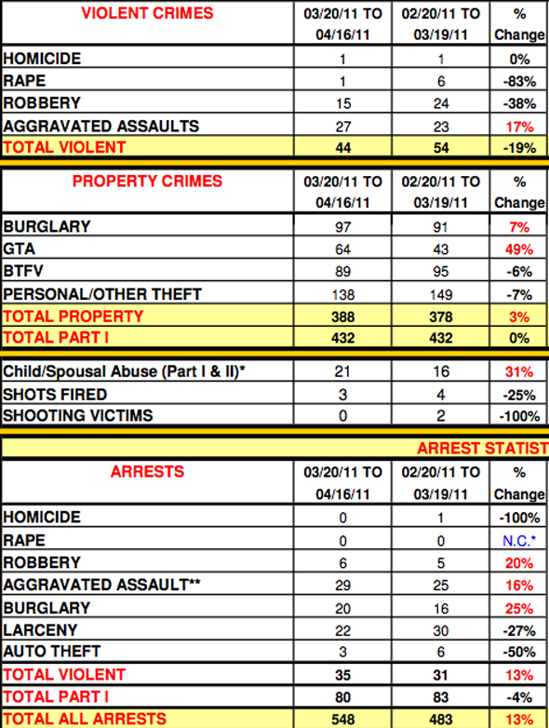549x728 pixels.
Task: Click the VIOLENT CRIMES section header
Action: click(x=147, y=14)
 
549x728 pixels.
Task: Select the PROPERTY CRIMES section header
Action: click(x=147, y=181)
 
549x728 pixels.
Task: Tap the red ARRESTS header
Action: click(x=147, y=472)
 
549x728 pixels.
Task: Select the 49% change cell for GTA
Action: click(x=519, y=249)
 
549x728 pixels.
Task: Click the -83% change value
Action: click(x=519, y=81)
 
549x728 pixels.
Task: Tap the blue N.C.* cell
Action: click(x=519, y=540)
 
